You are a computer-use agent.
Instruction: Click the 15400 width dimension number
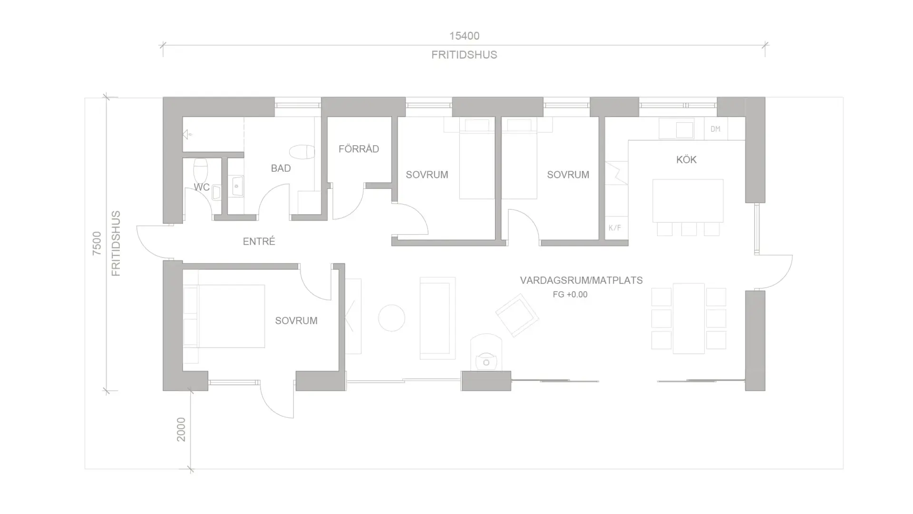[x=464, y=36]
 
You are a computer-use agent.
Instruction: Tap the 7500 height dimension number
[x=97, y=243]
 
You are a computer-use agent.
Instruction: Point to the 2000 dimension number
[x=181, y=429]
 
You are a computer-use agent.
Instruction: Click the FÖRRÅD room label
[x=359, y=149]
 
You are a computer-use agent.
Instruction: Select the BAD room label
[x=281, y=168]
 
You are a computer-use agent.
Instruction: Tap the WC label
[x=202, y=187]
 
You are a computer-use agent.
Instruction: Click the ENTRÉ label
[x=259, y=241]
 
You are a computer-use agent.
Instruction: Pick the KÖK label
[x=686, y=159]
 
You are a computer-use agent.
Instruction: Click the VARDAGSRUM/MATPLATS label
[x=581, y=280]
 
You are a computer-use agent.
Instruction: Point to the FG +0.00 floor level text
[x=570, y=295]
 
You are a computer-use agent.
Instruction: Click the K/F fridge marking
[x=614, y=228]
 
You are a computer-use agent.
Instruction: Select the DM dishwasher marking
[x=715, y=129]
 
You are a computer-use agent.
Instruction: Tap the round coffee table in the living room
[x=392, y=318]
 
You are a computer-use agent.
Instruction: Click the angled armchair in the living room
[x=517, y=315]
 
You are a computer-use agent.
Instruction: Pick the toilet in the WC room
[x=201, y=170]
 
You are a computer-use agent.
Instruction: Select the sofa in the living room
[x=437, y=318]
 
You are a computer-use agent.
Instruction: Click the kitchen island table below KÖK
[x=688, y=200]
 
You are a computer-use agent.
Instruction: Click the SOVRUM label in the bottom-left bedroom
[x=296, y=321]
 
